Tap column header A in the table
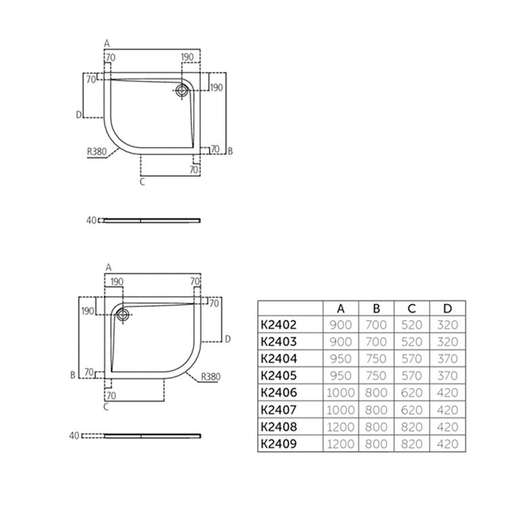click(x=340, y=309)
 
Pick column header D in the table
click(x=447, y=309)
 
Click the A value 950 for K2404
click(x=340, y=359)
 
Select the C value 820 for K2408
click(x=411, y=427)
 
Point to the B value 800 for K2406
click(x=375, y=393)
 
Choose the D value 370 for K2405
click(x=447, y=376)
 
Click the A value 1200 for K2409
click(x=340, y=444)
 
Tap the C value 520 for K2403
click(x=411, y=342)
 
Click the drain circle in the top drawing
click(x=183, y=90)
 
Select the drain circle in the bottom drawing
click(x=123, y=314)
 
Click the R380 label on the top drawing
click(x=97, y=152)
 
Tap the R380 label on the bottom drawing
click(x=211, y=377)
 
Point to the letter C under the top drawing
click(x=142, y=181)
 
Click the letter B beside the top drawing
click(x=230, y=151)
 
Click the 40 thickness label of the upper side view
click(x=92, y=220)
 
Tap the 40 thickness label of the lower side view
click(x=75, y=435)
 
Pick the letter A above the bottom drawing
click(x=108, y=268)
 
